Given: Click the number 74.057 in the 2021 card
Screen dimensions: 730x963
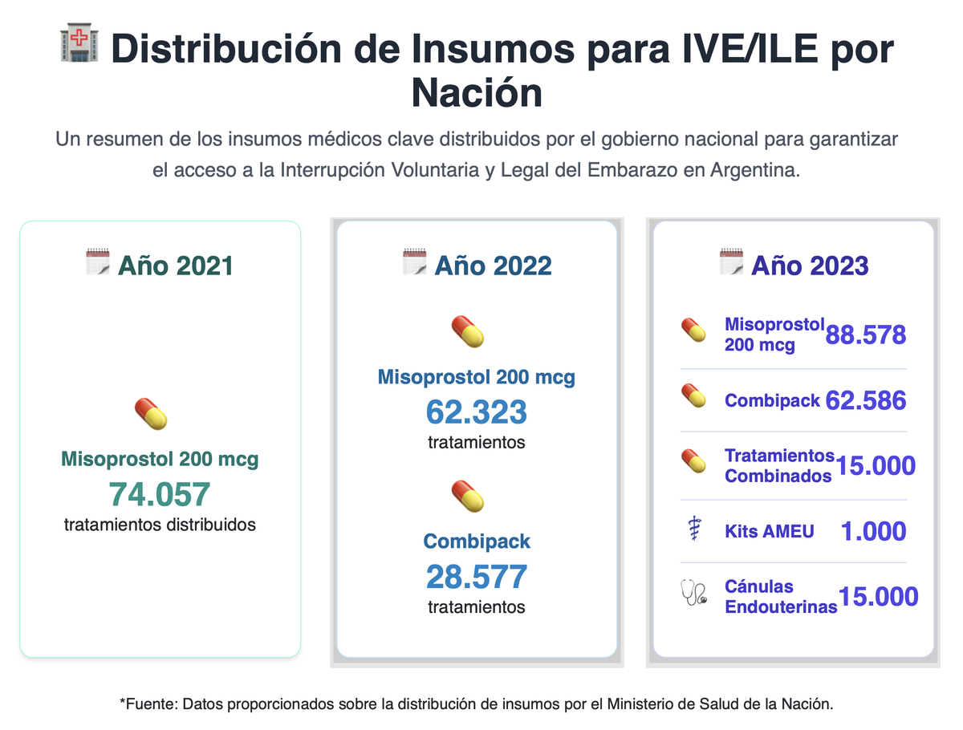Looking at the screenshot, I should click(160, 494).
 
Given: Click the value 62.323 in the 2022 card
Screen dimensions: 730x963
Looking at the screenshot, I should click(477, 412).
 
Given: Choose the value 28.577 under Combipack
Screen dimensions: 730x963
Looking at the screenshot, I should click(477, 577).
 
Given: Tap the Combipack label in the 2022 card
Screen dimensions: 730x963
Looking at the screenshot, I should click(477, 541).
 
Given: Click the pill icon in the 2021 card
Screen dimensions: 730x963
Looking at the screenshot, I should click(150, 414).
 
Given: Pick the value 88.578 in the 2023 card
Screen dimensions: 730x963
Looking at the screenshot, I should click(865, 335).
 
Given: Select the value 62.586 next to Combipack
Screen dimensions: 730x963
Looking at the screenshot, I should click(865, 400).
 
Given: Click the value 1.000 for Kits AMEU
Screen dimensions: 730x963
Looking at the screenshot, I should click(873, 531).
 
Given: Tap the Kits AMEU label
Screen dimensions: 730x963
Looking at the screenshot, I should click(769, 531).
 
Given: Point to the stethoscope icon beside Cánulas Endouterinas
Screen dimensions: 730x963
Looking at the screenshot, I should click(693, 595).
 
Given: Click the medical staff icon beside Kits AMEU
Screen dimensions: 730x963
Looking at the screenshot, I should click(693, 531).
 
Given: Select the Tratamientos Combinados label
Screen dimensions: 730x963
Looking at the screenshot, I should click(778, 465).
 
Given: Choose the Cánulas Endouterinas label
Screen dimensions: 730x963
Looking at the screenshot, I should click(780, 596).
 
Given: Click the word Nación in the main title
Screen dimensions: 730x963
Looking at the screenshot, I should click(477, 93).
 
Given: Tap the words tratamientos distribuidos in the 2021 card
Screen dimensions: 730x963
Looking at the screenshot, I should click(160, 525).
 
